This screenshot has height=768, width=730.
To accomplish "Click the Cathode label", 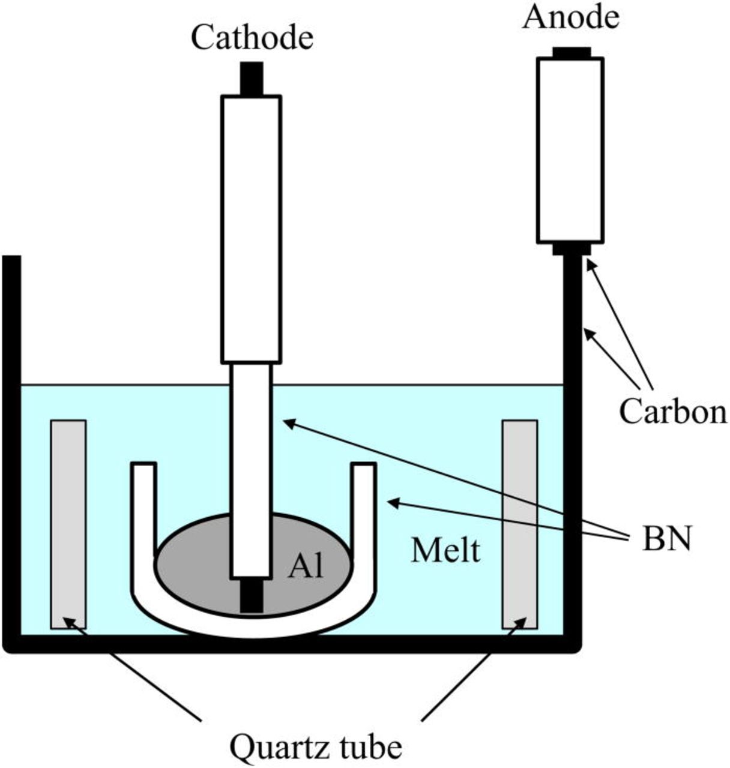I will click(252, 38).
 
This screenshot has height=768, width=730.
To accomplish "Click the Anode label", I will click(570, 17).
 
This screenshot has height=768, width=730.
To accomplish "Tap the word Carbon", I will click(672, 412).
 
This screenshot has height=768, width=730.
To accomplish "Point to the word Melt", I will click(445, 550).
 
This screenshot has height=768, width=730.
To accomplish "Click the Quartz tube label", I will click(316, 748).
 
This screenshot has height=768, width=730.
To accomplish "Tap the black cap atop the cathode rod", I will click(252, 79).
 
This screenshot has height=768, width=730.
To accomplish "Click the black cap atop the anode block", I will click(572, 53).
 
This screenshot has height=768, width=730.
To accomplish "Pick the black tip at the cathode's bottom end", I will click(252, 595).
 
